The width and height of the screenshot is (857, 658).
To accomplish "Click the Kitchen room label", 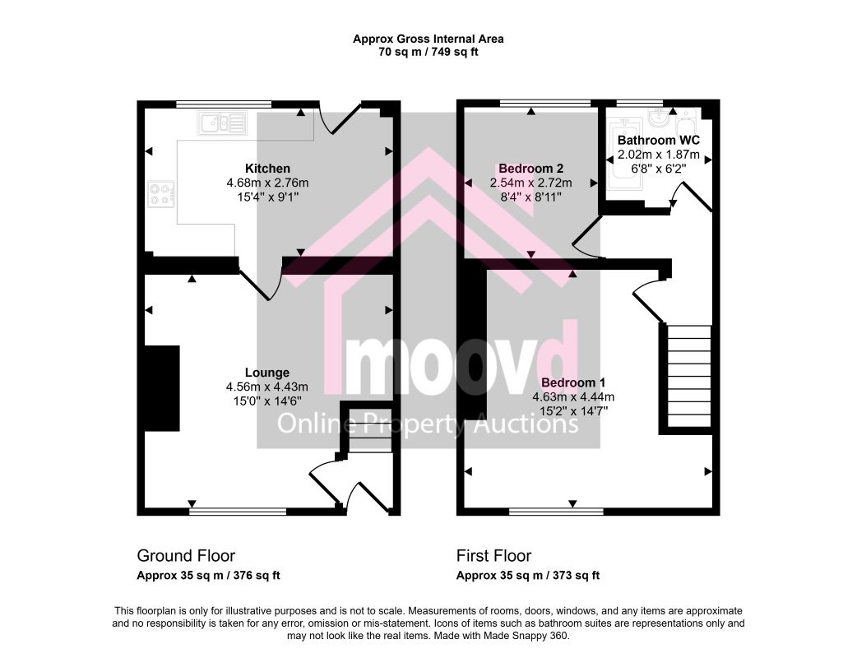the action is pos(267,169).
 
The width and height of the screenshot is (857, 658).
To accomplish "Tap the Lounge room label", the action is pos(266,373).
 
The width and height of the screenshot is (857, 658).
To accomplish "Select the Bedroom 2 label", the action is pos(530,169).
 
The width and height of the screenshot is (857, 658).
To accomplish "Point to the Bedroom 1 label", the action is pos(572,382).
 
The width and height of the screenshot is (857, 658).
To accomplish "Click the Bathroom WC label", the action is pos(659,141).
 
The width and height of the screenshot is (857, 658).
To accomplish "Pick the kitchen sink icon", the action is pos(222,123).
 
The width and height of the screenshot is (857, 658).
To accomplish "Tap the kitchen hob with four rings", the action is pos(160,194).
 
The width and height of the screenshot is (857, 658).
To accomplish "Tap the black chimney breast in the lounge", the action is pos(162,388).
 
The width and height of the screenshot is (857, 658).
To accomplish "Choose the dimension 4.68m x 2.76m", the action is pos(267,183).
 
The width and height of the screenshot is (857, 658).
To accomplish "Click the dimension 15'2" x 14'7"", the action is pos(573,411).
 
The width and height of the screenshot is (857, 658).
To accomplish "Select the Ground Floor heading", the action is pos(186,556).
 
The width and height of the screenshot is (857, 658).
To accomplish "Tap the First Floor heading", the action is pos(493,556).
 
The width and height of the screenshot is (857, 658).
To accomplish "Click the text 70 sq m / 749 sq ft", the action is pos(428,53).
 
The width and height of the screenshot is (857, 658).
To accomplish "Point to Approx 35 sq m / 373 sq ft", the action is pos(528,576).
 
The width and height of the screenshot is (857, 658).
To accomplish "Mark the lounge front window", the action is pos(239,512).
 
